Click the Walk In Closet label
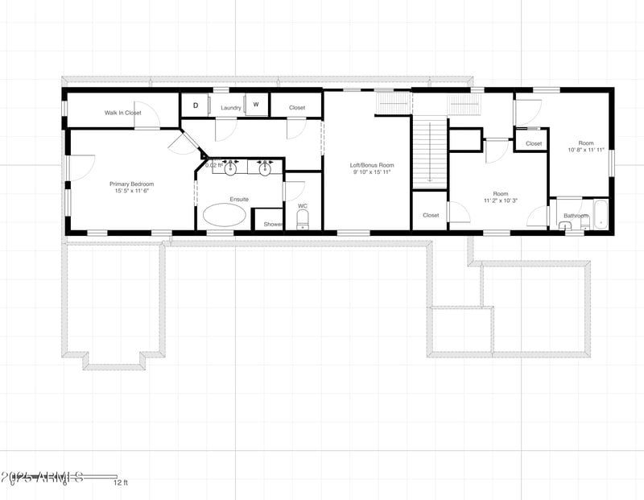(122, 114)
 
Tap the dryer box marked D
(195, 105)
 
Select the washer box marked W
(256, 105)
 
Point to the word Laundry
(231, 108)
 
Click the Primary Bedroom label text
(131, 184)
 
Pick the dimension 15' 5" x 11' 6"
(131, 191)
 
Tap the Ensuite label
(239, 199)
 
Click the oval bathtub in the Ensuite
(225, 214)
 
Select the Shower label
(273, 224)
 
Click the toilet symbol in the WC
(303, 218)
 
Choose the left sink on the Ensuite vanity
(230, 168)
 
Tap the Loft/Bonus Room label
(371, 165)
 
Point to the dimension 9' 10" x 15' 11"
(371, 171)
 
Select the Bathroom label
(576, 216)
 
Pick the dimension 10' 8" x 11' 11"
(585, 150)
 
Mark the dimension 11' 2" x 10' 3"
(501, 200)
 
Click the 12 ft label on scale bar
(120, 483)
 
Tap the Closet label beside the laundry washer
(297, 107)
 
